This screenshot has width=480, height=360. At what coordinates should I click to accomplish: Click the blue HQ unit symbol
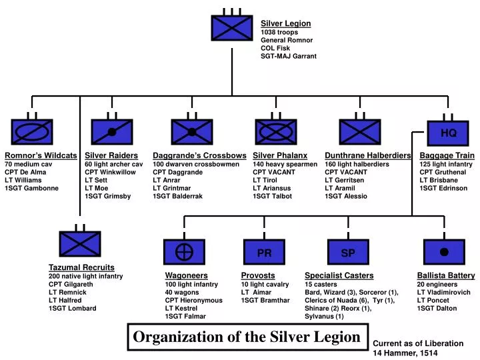click(x=448, y=133)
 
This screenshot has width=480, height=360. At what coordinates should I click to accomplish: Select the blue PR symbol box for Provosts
click(x=264, y=253)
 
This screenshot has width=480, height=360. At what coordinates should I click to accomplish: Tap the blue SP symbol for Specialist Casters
click(x=348, y=253)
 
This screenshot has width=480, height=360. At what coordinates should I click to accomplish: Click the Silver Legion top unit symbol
click(x=231, y=28)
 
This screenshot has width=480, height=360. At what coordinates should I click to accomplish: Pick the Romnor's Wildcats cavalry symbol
click(x=32, y=132)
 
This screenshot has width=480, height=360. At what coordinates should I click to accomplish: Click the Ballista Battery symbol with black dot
click(x=444, y=252)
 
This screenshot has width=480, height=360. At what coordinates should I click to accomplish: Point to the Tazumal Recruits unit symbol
click(x=79, y=244)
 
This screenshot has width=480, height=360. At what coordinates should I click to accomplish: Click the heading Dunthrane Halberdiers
click(x=367, y=155)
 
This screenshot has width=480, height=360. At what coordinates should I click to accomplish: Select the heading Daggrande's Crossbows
click(x=199, y=155)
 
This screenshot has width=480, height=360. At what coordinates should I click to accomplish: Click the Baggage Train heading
click(x=447, y=155)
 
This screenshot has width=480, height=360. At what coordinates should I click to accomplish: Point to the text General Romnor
click(x=287, y=41)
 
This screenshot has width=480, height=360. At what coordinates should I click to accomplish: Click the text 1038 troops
click(x=279, y=32)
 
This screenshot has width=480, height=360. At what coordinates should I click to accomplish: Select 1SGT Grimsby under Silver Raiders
click(x=107, y=197)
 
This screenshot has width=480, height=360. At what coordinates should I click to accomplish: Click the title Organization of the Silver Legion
click(x=246, y=337)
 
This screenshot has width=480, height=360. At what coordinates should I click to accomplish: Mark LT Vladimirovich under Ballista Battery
click(x=443, y=292)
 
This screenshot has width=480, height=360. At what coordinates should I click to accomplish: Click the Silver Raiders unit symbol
click(x=112, y=132)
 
